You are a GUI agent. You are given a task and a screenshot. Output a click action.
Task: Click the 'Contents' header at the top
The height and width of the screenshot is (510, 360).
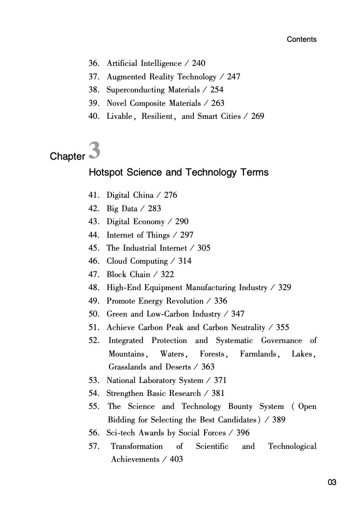coord(301,39)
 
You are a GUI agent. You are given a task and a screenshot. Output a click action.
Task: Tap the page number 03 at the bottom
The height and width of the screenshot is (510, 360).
coord(332,483)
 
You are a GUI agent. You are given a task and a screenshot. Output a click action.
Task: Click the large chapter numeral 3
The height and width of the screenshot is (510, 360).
coord(95,150)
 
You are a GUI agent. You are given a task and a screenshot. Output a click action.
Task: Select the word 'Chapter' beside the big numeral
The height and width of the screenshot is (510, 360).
coord(67,157)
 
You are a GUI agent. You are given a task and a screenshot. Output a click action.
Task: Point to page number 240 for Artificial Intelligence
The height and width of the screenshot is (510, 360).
coord(198,64)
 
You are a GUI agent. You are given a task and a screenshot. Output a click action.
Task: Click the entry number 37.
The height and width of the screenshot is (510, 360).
coord(94,77)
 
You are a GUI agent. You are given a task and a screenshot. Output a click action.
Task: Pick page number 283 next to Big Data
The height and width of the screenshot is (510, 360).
coord(154,209)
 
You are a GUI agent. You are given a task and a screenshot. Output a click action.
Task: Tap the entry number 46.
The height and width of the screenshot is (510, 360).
coord(94,261)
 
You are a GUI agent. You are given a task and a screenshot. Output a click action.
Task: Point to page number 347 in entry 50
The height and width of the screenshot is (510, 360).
coord(237,314)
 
